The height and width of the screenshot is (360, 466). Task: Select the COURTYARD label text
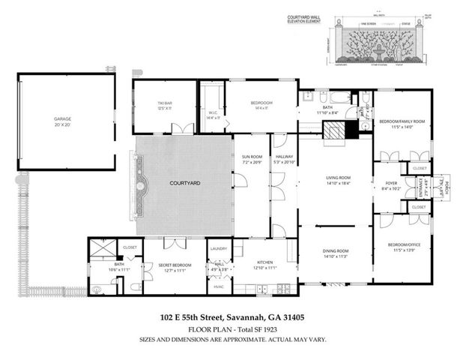pyautogui.click(x=183, y=184)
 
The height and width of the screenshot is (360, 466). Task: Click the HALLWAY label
pyautogui.click(x=283, y=157)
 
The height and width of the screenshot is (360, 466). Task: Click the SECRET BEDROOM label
pyautogui.click(x=173, y=264)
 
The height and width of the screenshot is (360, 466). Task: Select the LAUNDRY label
pyautogui.click(x=219, y=248)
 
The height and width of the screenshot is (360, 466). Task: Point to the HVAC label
pyautogui.click(x=219, y=286)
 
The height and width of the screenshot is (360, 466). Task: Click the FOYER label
pyautogui.click(x=390, y=183)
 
